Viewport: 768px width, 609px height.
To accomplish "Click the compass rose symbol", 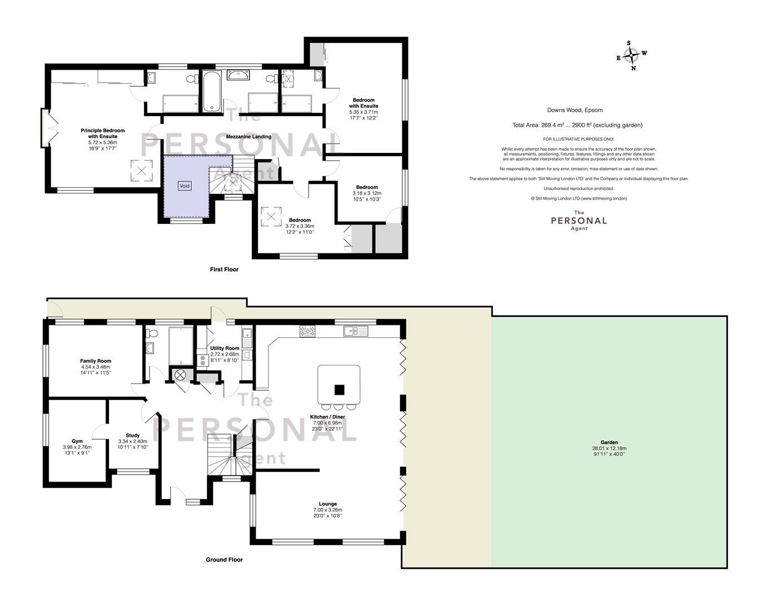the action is pyautogui.click(x=631, y=56).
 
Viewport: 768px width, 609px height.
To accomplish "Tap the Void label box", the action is pyautogui.click(x=185, y=186).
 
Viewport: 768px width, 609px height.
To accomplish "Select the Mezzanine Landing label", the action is pyautogui.click(x=249, y=136).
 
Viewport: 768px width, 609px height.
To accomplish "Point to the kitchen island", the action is pyautogui.click(x=339, y=384).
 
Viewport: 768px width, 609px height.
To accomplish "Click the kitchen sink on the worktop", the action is pyautogui.click(x=356, y=331).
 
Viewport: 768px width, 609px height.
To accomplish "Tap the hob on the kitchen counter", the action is pyautogui.click(x=307, y=331).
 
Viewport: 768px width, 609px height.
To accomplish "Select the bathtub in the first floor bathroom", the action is pyautogui.click(x=212, y=91).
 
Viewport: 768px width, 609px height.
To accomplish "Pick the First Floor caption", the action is pyautogui.click(x=224, y=270).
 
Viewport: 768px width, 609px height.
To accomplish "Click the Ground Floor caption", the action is pyautogui.click(x=224, y=560).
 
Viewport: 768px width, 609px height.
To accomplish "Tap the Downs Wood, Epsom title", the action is pyautogui.click(x=575, y=111).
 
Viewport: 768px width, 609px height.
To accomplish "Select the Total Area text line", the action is pyautogui.click(x=577, y=125).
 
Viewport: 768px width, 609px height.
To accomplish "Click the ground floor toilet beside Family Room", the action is pyautogui.click(x=152, y=334).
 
